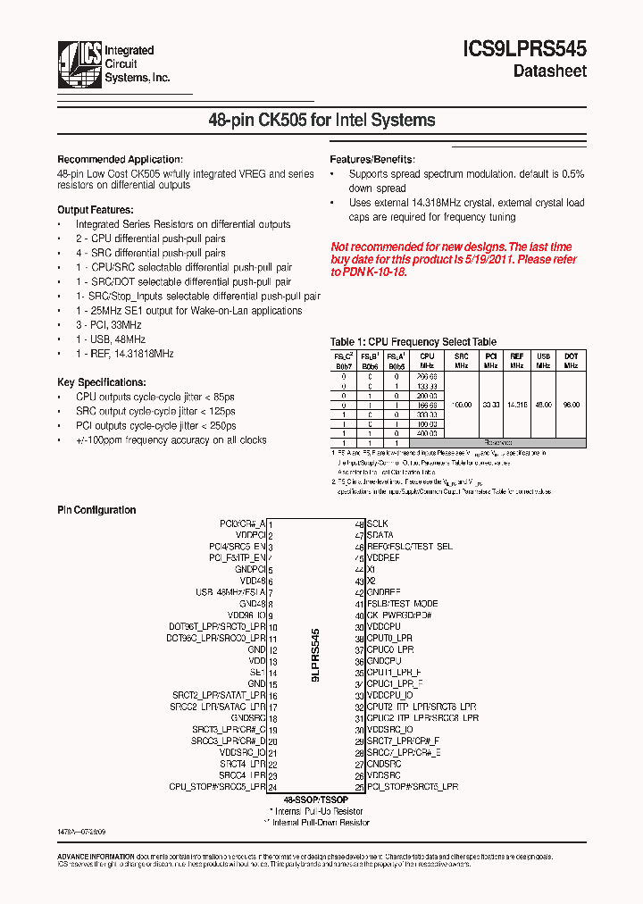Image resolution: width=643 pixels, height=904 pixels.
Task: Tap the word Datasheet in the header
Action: (x=549, y=71)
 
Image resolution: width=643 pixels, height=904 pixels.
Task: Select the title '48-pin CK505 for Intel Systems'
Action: (x=321, y=120)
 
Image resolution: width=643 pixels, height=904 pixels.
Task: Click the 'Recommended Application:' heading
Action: (x=120, y=159)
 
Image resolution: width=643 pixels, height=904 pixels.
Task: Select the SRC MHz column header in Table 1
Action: (x=461, y=360)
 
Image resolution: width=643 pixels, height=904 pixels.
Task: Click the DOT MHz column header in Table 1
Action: (x=571, y=360)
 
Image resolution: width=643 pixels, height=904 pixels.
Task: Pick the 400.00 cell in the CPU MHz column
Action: (x=427, y=433)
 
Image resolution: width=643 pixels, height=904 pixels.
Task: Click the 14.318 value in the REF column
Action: (x=516, y=404)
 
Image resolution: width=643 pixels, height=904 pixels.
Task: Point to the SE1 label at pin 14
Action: (x=257, y=672)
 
